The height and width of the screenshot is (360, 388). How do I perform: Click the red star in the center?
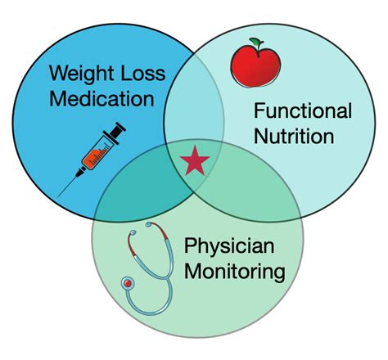click(195, 161)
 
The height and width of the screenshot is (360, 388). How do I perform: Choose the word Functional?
click(304, 111)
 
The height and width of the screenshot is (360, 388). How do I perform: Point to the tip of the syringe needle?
click(62, 193)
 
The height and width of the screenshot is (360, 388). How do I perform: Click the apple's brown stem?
click(253, 43)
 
